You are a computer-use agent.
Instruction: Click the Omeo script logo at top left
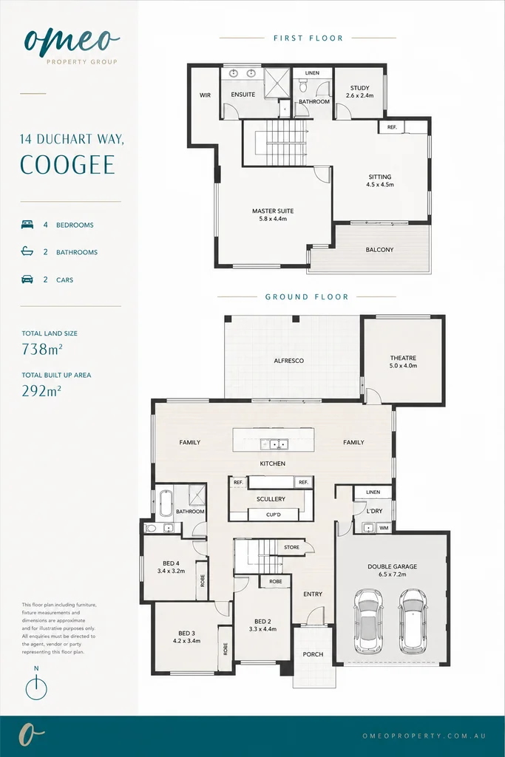[72, 41]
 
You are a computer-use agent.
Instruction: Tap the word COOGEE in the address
[67, 165]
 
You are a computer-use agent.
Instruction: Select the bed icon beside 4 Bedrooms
[27, 225]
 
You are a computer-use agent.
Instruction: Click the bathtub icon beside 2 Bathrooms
[27, 251]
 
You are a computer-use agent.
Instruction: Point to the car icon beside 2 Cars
[27, 279]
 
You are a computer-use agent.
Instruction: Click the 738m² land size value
[42, 349]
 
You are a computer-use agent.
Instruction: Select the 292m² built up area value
[41, 390]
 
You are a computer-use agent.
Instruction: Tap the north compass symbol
[36, 685]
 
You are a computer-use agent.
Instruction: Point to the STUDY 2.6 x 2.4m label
[359, 92]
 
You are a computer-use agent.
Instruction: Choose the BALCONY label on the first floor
[379, 250]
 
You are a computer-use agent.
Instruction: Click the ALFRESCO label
[288, 361]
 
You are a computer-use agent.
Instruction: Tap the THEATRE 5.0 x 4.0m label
[403, 361]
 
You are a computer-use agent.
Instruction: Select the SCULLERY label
[271, 499]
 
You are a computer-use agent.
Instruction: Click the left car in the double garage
[370, 619]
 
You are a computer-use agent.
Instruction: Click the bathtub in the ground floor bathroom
[166, 503]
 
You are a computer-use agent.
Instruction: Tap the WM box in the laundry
[384, 528]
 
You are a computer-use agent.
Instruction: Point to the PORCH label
[313, 654]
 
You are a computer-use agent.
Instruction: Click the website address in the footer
[424, 736]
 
